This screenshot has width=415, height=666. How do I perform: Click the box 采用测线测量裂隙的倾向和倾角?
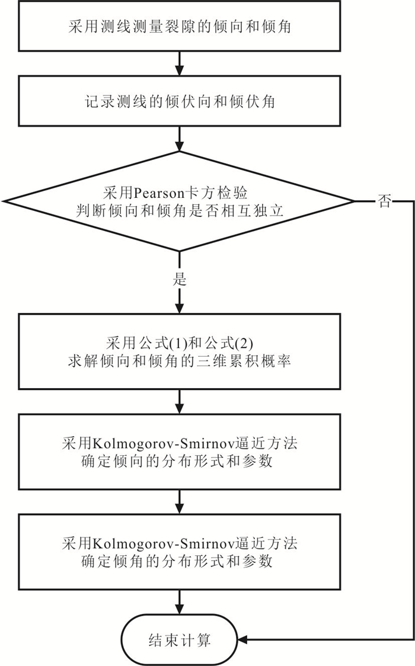click(179, 26)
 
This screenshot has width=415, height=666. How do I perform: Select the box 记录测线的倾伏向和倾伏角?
click(179, 101)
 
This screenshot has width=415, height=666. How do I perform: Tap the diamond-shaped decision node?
click(179, 201)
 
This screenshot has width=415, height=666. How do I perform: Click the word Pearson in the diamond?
click(159, 193)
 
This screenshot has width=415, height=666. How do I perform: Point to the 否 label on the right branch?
click(384, 201)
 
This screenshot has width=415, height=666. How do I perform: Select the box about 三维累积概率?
click(179, 351)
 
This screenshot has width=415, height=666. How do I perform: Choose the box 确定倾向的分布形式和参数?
click(179, 452)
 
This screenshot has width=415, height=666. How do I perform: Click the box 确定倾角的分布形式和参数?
click(179, 552)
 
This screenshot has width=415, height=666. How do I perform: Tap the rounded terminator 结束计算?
click(179, 640)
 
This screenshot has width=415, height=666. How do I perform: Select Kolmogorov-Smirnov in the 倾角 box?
click(163, 543)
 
